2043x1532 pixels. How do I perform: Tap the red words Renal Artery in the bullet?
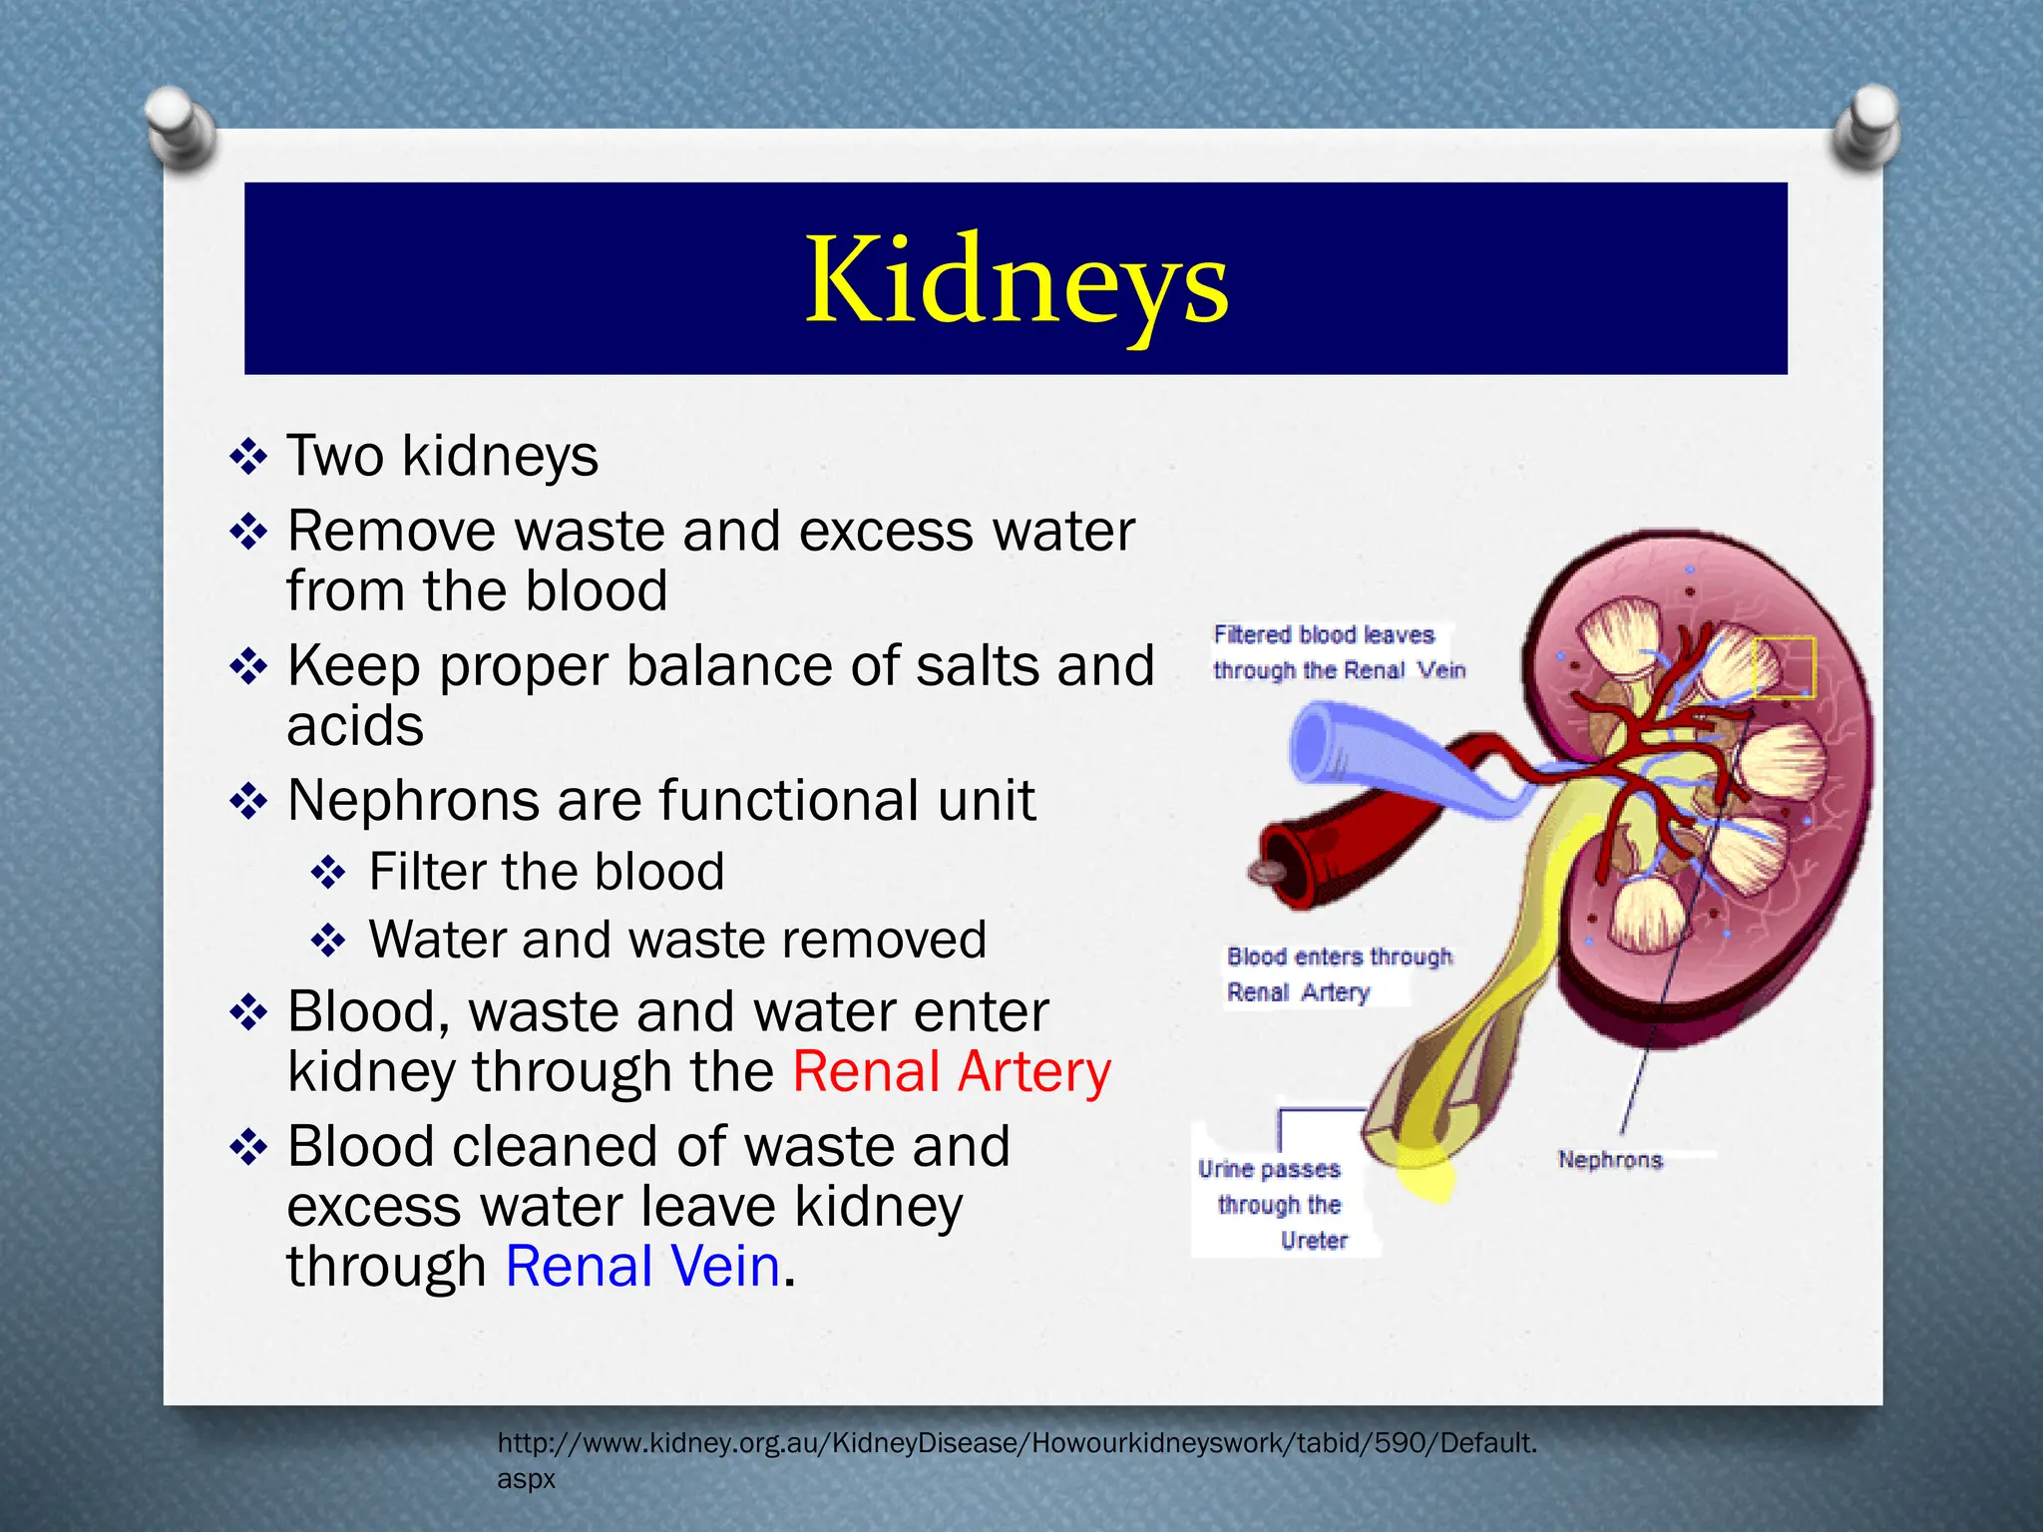coord(951,1073)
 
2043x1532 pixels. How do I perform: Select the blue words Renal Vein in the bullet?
coord(642,1267)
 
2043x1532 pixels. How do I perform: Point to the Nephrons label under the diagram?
coord(1610,1160)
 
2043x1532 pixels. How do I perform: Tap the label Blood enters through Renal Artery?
coord(1337,974)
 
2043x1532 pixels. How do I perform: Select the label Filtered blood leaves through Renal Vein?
coord(1337,652)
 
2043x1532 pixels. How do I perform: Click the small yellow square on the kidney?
coord(1784,666)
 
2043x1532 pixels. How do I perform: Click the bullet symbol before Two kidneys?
coord(248,457)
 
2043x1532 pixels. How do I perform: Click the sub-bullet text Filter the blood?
coord(546,872)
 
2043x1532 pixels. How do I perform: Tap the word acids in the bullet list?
coord(355,726)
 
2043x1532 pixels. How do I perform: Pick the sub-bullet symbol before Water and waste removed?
coord(328,941)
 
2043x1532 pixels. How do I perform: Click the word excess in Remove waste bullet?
coord(887,532)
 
